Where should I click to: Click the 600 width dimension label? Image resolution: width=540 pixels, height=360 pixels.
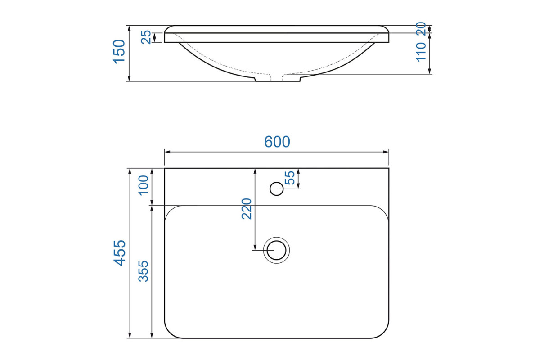[x=277, y=142]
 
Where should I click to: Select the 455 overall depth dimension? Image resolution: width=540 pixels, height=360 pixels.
[x=120, y=253]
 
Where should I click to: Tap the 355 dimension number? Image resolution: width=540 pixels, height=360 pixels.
[x=143, y=271]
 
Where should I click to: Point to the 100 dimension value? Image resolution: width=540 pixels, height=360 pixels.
[x=143, y=185]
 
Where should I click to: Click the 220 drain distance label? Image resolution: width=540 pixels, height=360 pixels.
[x=247, y=208]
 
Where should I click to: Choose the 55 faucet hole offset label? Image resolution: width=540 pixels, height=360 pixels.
[x=290, y=178]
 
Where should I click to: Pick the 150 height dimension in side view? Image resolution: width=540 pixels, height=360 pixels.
[x=119, y=52]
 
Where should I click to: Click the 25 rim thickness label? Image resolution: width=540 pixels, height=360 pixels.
[x=146, y=37]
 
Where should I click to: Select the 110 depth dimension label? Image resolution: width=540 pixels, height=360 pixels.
[x=421, y=52]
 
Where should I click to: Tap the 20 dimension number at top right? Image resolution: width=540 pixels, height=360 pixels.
[x=421, y=29]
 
